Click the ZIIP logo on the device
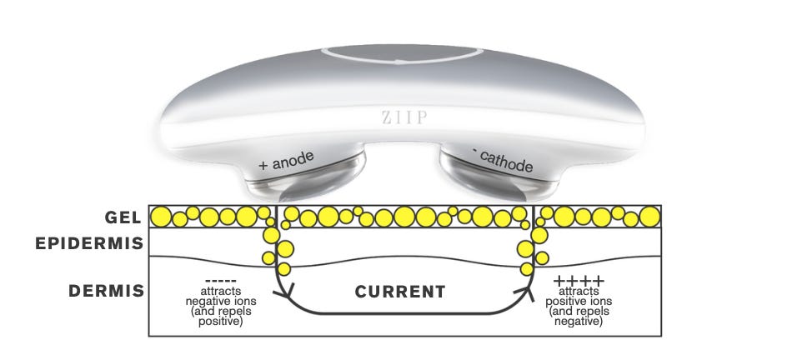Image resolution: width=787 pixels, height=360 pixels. click(x=393, y=118)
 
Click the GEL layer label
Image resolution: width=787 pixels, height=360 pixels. click(x=123, y=217)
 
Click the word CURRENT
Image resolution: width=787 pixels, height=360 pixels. click(x=399, y=292)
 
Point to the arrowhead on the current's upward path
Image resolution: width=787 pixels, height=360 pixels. click(x=528, y=292)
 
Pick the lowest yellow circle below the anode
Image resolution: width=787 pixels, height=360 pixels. click(x=283, y=269)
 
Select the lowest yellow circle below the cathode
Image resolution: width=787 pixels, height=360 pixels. click(x=527, y=268)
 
